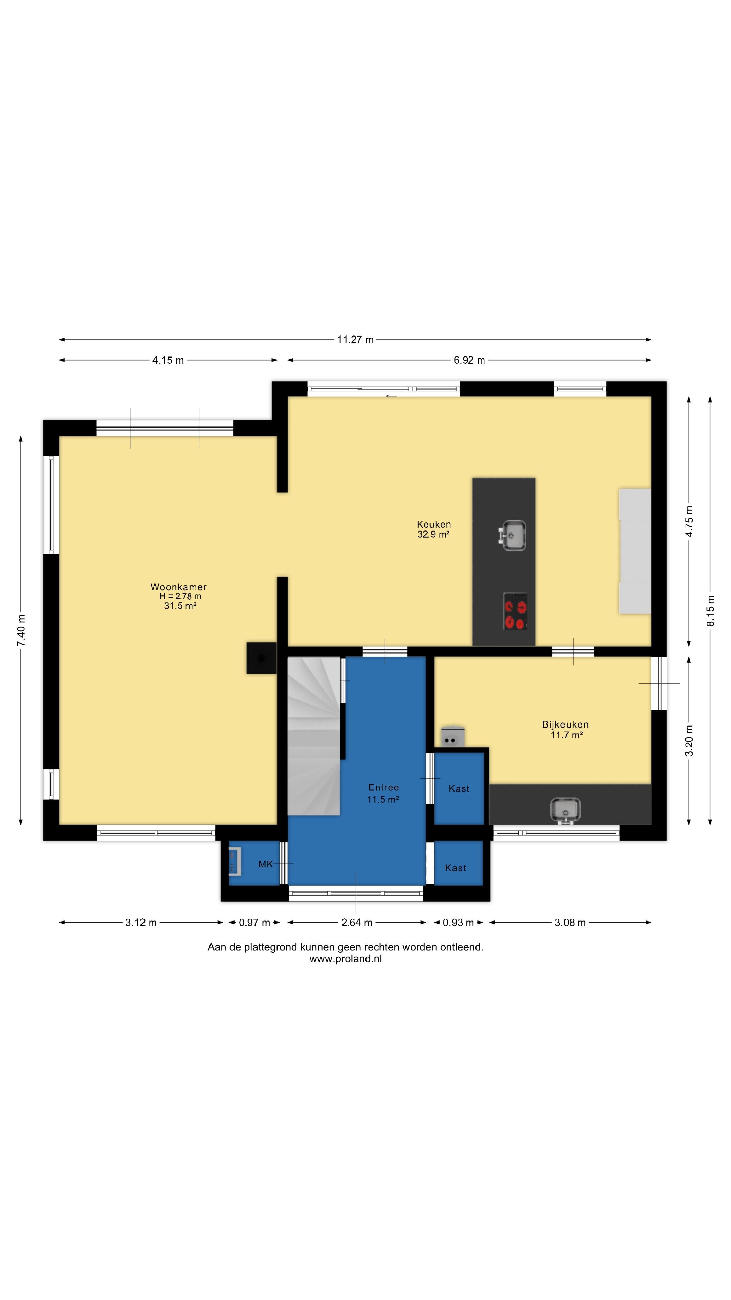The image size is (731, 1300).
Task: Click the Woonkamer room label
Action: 179,587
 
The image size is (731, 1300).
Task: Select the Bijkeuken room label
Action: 565,724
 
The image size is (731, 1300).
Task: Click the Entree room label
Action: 383,787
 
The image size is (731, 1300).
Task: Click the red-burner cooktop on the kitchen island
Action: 515,611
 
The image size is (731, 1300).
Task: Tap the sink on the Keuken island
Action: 513,535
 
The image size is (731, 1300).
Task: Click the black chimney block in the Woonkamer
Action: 261,657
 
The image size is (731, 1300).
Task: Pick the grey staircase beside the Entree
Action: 314,736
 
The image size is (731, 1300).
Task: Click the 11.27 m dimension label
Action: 355,340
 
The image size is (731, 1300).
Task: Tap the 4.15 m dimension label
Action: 168,360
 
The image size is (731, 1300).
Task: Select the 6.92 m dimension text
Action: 469,360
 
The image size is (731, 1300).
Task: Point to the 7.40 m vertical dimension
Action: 21,630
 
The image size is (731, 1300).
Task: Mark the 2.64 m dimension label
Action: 357,923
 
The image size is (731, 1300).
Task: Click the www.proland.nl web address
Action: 346,959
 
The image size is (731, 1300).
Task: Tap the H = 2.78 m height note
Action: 180,596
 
